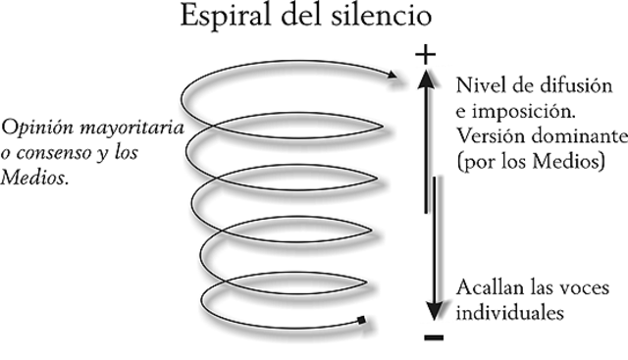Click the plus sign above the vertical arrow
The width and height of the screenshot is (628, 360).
click(x=425, y=55)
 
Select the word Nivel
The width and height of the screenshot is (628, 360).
click(x=480, y=82)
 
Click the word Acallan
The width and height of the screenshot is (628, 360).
click(x=488, y=289)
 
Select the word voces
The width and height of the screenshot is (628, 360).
click(x=594, y=289)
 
